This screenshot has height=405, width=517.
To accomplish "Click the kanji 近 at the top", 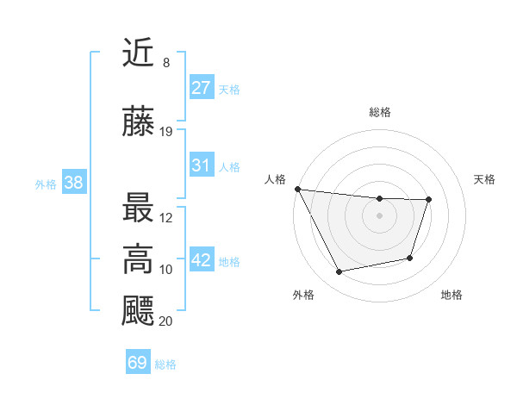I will click(139, 54).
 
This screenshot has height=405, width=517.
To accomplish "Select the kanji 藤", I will click(139, 122).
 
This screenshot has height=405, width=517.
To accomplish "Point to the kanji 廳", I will click(139, 311).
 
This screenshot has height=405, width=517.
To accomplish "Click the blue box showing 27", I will click(202, 88).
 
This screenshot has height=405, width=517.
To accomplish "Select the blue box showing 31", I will click(202, 166).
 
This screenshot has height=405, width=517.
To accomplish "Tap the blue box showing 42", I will click(202, 261).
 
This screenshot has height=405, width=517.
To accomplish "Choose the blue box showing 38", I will click(73, 183).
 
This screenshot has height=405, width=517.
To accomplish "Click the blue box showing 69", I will click(138, 363).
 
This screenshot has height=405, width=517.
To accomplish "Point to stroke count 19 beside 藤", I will click(166, 132).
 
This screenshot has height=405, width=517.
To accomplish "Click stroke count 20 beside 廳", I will click(166, 321).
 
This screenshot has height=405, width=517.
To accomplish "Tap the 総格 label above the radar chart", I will click(380, 112).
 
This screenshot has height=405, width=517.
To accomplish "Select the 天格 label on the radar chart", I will click(485, 179).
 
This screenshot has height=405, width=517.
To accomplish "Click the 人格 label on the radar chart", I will click(275, 179).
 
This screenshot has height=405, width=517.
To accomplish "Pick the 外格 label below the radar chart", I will click(303, 296).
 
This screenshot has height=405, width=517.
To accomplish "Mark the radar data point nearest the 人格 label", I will click(297, 189).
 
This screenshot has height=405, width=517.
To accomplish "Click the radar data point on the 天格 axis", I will click(428, 200).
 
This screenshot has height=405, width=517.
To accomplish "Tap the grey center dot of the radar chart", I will click(380, 215).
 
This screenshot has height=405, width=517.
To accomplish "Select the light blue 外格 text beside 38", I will click(46, 184).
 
